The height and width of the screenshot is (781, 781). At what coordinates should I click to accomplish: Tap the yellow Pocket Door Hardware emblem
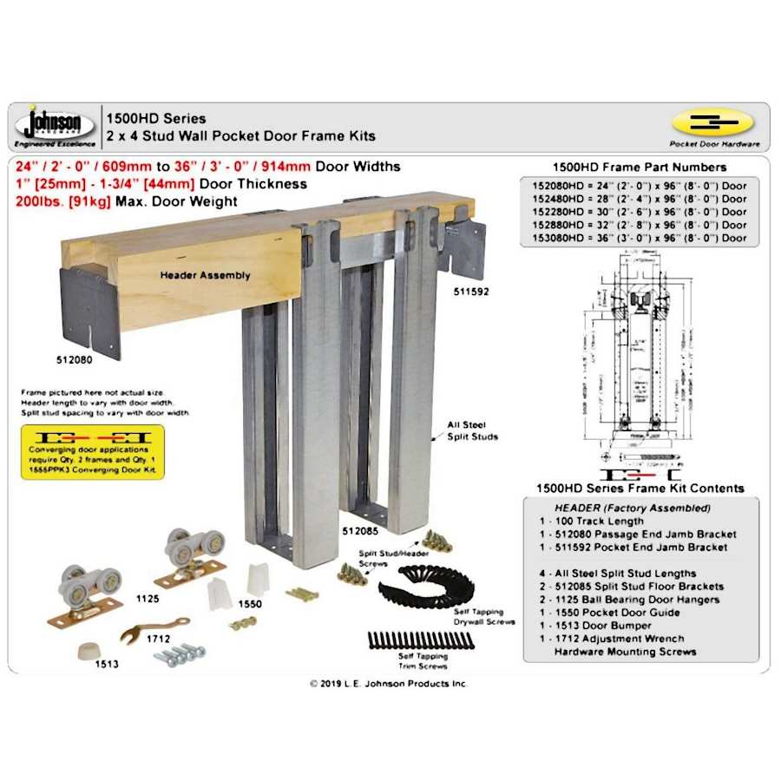coord(712,122)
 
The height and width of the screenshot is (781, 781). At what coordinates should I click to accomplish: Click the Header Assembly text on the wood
coord(205,275)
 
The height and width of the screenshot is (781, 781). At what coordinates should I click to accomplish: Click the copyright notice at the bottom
coord(389,684)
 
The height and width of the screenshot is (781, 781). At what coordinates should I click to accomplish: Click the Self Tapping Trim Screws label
coord(421,661)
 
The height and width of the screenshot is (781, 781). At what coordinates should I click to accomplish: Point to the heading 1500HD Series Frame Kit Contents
coord(640,489)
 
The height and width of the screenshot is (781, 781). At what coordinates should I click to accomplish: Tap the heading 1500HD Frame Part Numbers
coord(640,167)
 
